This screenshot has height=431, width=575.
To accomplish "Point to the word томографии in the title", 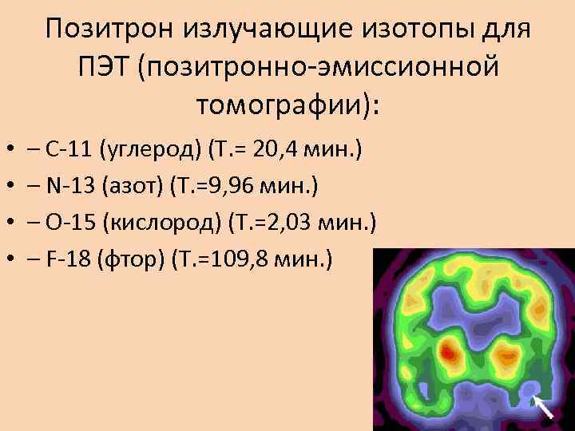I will click(283, 104).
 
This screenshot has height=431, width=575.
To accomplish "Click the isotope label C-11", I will click(67, 148).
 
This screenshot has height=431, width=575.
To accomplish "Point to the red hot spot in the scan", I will click(450, 350).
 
